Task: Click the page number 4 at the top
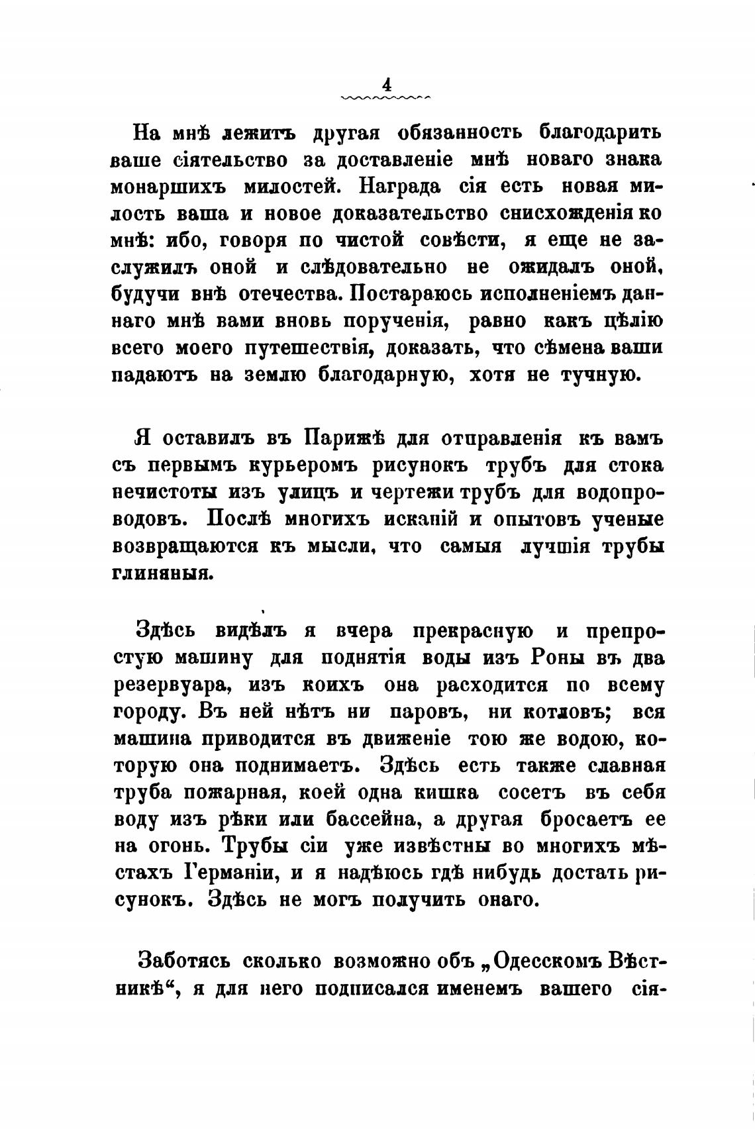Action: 386,85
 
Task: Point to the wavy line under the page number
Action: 386,98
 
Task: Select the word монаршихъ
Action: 168,187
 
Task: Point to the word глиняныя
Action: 162,573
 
